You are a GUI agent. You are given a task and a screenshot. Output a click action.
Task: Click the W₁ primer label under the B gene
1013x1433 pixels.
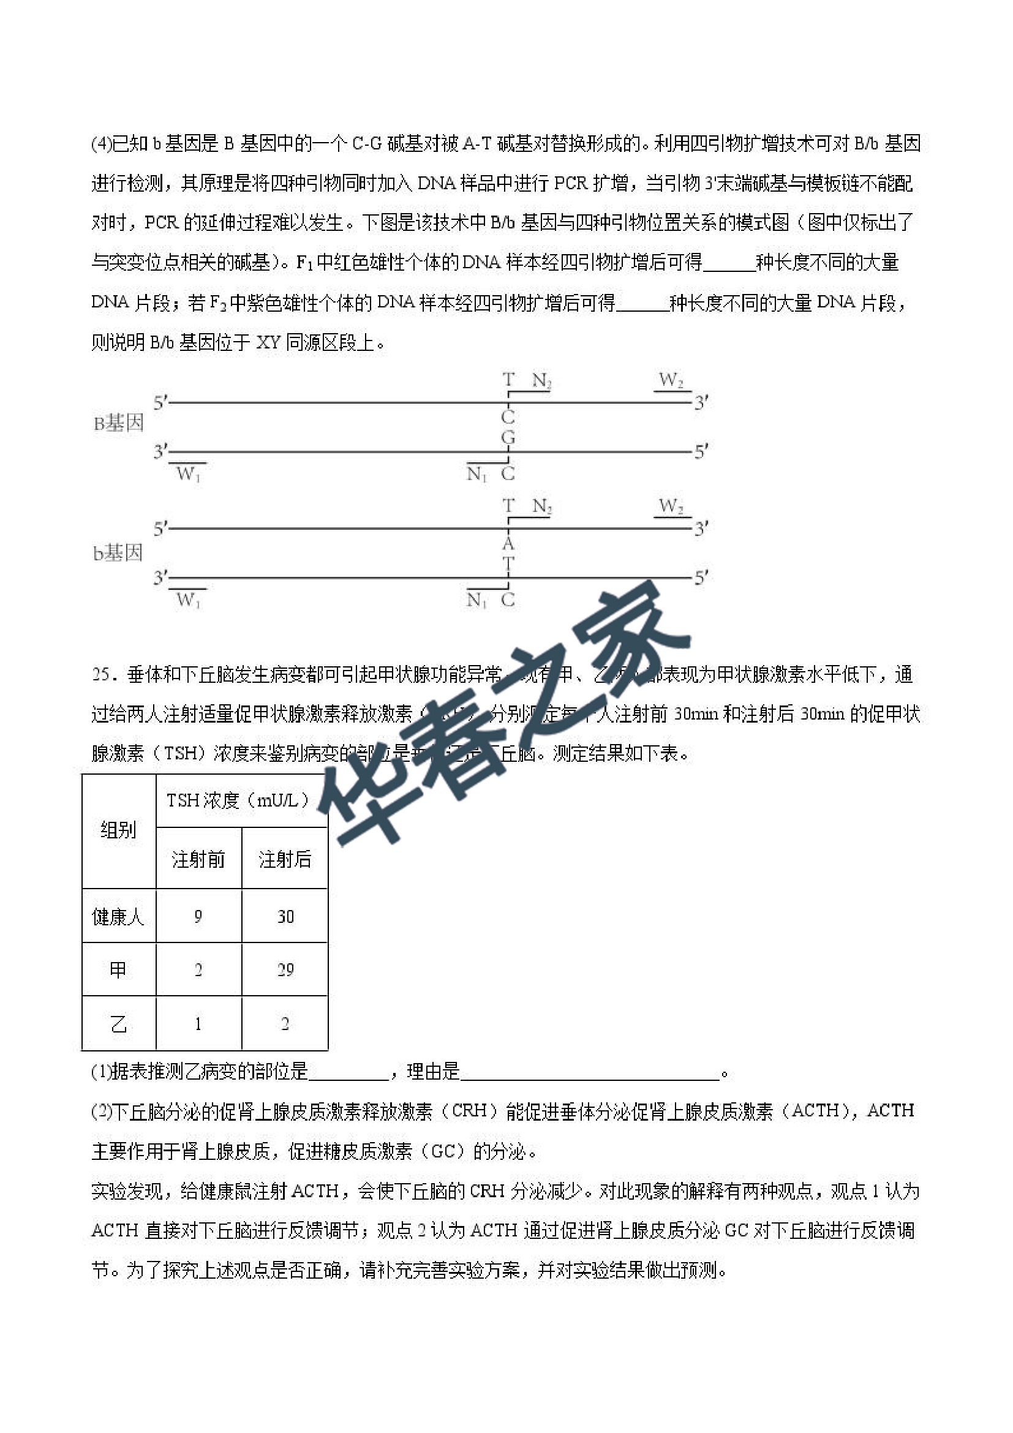click(x=188, y=475)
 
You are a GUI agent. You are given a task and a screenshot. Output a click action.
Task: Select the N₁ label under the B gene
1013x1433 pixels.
click(x=476, y=475)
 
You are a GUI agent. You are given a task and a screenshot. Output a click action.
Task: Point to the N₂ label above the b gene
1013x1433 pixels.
click(x=542, y=506)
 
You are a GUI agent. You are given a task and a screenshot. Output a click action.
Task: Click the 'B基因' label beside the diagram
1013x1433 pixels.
click(x=119, y=424)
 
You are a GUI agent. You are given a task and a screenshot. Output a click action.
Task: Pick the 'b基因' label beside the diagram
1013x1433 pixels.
click(x=118, y=553)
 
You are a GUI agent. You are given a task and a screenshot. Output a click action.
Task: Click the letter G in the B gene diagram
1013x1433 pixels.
click(x=508, y=437)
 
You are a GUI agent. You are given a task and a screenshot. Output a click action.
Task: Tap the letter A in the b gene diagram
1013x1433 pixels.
click(x=508, y=543)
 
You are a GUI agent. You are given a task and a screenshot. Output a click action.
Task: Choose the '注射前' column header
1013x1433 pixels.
click(x=198, y=859)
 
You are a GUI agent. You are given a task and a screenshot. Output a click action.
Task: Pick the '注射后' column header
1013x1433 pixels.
click(x=285, y=859)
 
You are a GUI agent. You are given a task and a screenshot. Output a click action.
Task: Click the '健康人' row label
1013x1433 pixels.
click(x=118, y=917)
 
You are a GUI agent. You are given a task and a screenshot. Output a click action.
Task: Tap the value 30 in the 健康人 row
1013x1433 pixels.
click(x=285, y=917)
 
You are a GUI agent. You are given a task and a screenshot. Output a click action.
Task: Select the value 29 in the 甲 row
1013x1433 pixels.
click(x=285, y=970)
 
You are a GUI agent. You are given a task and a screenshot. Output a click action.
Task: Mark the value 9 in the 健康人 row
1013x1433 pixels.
click(x=198, y=917)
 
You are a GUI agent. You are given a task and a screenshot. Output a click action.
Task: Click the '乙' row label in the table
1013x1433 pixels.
click(x=118, y=1023)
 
